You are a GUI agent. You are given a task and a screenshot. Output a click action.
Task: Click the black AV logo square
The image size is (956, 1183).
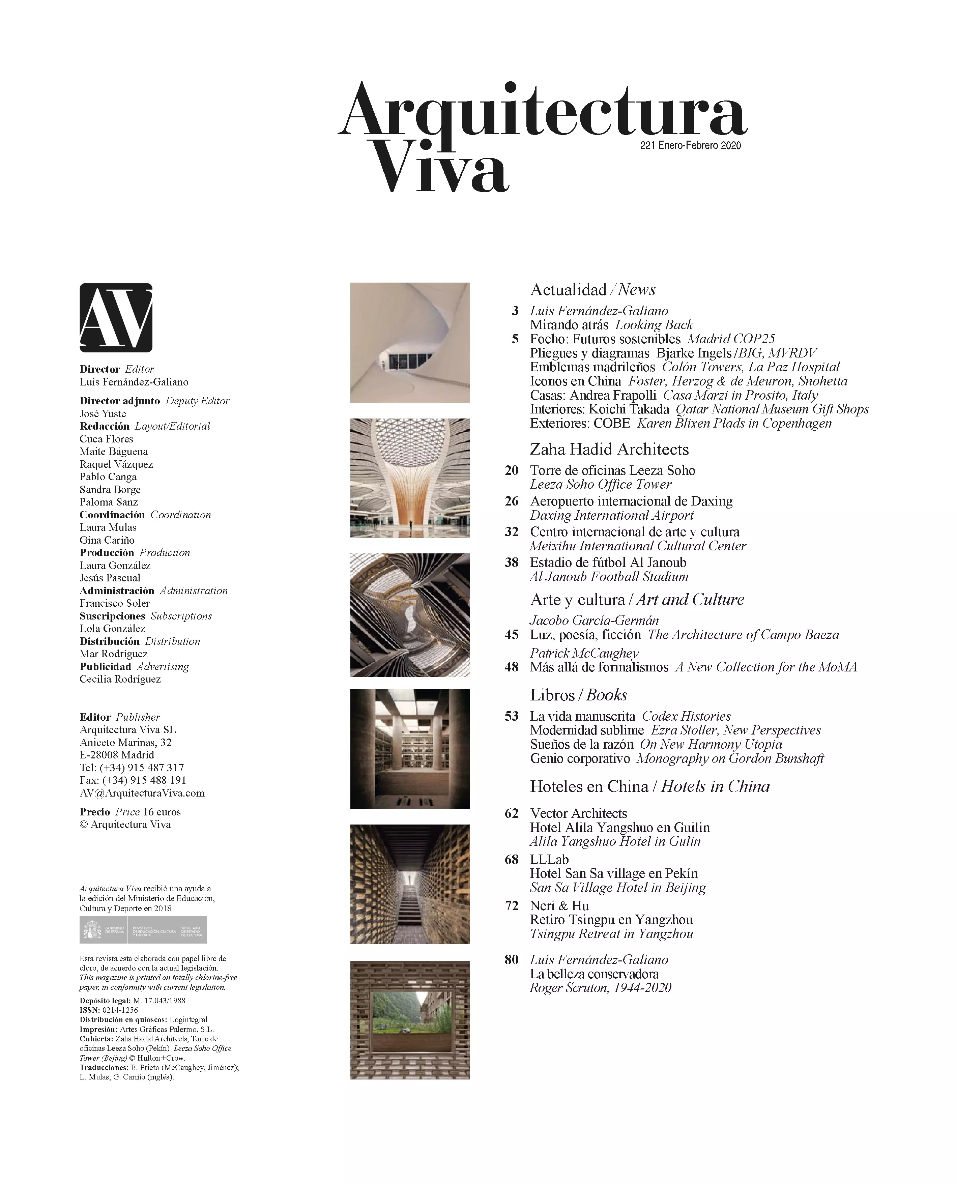click(x=116, y=318)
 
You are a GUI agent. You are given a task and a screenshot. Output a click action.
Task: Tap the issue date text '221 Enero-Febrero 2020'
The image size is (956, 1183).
click(x=690, y=145)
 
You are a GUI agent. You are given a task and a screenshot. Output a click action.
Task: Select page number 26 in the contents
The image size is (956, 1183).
click(x=512, y=501)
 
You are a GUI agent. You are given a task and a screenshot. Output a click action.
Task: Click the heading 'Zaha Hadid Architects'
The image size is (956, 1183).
click(x=609, y=450)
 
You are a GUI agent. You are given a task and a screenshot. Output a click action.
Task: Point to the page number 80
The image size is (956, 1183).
click(x=512, y=975)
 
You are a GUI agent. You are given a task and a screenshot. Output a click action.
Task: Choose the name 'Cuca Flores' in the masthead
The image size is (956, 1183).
click(x=106, y=439)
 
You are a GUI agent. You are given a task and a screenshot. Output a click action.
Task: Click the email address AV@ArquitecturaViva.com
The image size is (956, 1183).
click(x=142, y=793)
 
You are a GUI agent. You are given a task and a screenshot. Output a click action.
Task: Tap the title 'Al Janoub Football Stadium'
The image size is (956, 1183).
click(x=609, y=577)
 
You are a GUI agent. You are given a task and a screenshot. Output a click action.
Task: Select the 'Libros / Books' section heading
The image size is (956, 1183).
click(x=579, y=695)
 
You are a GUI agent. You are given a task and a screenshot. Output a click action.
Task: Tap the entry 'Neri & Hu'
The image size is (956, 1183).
click(x=559, y=906)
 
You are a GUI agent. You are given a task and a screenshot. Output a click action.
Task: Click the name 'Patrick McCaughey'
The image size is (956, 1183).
click(x=584, y=653)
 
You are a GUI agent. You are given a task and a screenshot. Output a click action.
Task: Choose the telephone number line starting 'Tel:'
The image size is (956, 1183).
click(x=132, y=768)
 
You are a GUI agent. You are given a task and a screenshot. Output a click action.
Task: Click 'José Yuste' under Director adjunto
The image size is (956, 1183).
click(x=103, y=413)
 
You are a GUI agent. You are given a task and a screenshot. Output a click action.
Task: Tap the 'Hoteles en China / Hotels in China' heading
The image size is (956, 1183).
click(x=650, y=786)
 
